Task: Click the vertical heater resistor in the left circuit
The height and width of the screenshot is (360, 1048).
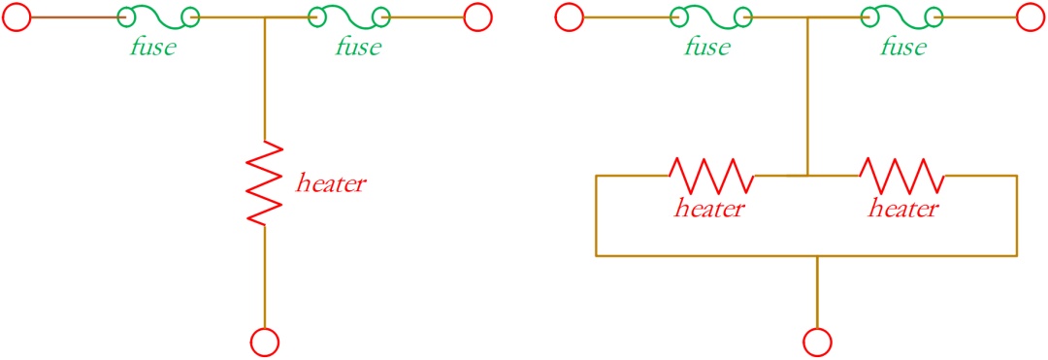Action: pyautogui.click(x=265, y=182)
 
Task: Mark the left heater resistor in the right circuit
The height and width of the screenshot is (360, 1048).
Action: pyautogui.click(x=712, y=175)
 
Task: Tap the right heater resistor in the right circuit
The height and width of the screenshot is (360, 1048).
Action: pyautogui.click(x=902, y=175)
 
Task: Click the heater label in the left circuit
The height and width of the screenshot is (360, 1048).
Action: pyautogui.click(x=330, y=183)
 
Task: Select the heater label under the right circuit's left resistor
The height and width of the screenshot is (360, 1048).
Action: pyautogui.click(x=709, y=209)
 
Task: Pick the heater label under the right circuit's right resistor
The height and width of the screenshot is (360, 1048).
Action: pyautogui.click(x=902, y=209)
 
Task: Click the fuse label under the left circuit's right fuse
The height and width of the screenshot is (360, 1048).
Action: pyautogui.click(x=357, y=48)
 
